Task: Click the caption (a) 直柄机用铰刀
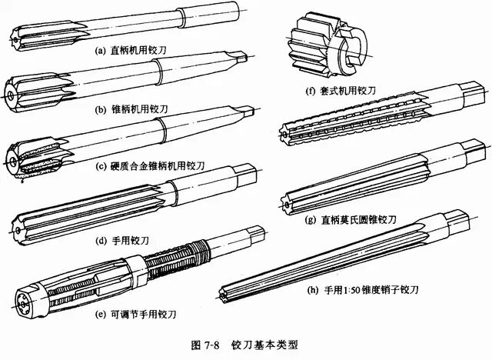click(x=130, y=52)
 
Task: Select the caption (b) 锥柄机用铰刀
click(x=130, y=110)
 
